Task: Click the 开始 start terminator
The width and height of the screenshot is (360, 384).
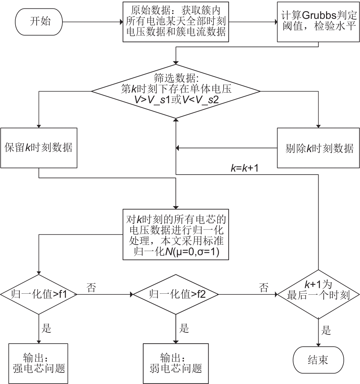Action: click(38, 22)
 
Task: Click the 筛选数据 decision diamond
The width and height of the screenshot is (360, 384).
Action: click(176, 91)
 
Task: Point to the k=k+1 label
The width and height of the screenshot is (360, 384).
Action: click(244, 167)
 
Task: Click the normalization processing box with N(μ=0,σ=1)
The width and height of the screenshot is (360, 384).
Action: click(176, 235)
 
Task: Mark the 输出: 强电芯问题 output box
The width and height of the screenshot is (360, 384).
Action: click(39, 364)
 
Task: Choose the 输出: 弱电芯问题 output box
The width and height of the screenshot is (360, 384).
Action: click(176, 364)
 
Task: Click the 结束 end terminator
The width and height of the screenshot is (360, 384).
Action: click(319, 360)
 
